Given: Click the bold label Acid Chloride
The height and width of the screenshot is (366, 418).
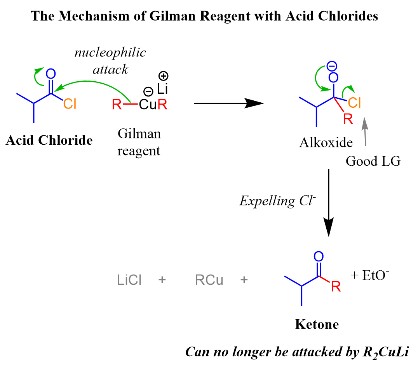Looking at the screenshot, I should coord(49,140).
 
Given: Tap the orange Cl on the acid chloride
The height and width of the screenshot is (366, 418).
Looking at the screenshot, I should coord(70,104).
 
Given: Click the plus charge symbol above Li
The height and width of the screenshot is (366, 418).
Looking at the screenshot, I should coord(162,75).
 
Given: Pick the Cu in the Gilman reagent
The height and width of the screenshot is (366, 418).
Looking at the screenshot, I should coord(148,104).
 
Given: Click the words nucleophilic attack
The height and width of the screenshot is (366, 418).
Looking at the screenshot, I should coord(110,61).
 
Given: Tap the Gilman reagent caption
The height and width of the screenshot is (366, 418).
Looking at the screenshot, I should coord(139,142).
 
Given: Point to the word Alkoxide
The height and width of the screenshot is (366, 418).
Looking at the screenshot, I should coord(326,143).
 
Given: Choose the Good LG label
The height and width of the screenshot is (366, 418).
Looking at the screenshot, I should coord(373,161).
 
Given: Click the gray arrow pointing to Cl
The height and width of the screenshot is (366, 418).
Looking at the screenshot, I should coord(364,132).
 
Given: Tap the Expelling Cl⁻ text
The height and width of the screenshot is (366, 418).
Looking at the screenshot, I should coord(278,201).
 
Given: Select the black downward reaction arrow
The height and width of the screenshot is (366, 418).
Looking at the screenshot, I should coord(329,202).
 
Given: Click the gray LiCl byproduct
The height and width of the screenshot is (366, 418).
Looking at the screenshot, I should coord(129,280).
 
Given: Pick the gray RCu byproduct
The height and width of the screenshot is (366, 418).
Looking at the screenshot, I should coord(209,280).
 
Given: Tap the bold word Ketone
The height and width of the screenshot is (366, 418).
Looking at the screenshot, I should coord(317,324).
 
